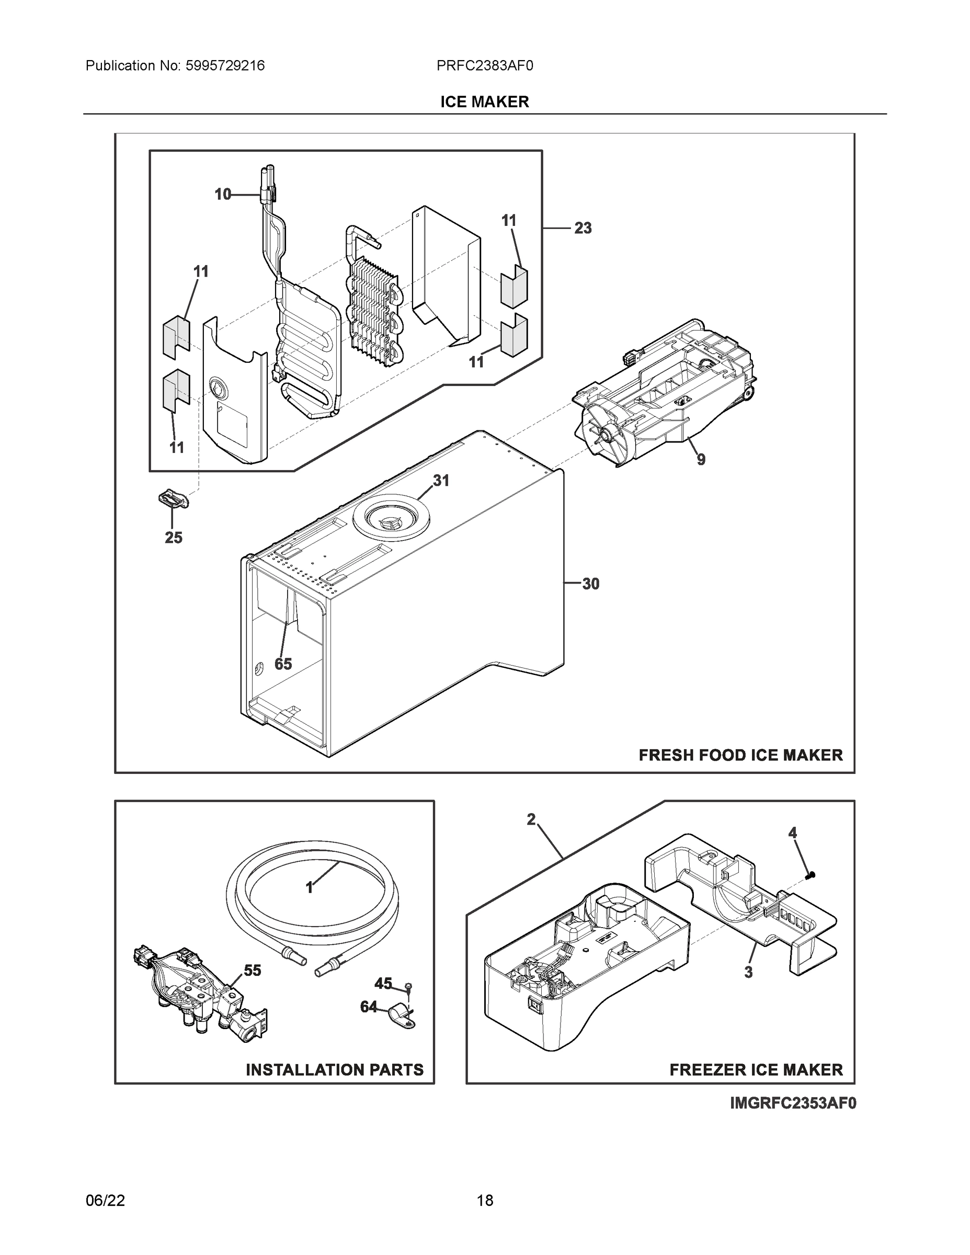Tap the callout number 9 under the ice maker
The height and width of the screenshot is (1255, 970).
pyautogui.click(x=701, y=459)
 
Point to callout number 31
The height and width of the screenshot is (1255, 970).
pyautogui.click(x=441, y=481)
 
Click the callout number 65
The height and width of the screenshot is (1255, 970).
pyautogui.click(x=283, y=664)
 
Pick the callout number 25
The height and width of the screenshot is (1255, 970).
pyautogui.click(x=174, y=538)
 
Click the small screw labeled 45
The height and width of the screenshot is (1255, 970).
pyautogui.click(x=407, y=987)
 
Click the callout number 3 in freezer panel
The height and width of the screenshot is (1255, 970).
pyautogui.click(x=748, y=973)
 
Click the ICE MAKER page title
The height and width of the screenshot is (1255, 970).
pyautogui.click(x=484, y=102)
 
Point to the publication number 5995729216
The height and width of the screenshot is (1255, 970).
pyautogui.click(x=225, y=66)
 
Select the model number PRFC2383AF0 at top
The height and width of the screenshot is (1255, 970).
pyautogui.click(x=484, y=66)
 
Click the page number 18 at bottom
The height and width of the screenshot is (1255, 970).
pyautogui.click(x=485, y=1201)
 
